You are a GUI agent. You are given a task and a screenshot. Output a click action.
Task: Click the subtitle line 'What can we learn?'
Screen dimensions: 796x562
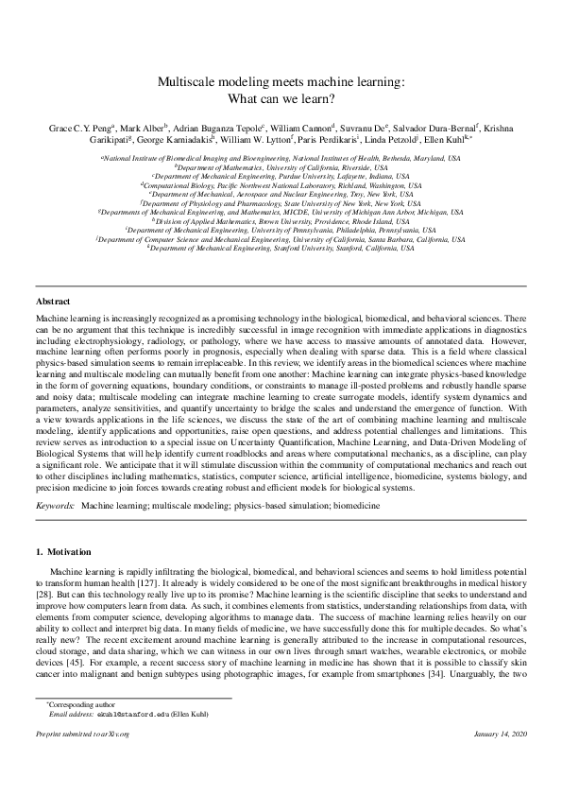(x=281, y=97)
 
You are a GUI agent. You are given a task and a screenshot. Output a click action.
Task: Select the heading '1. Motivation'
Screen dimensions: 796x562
(x=68, y=550)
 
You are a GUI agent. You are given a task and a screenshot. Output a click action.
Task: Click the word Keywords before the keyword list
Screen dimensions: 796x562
(x=54, y=507)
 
